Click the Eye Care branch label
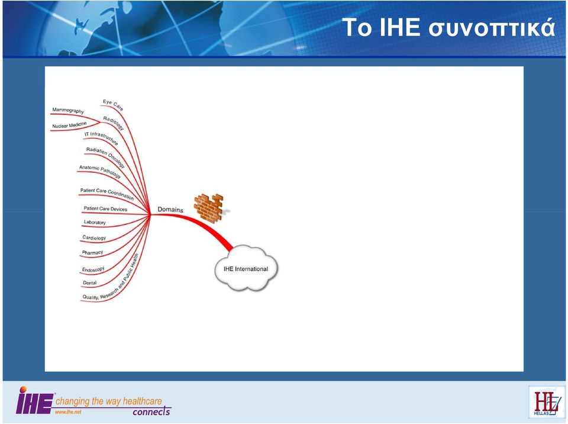[x=113, y=104]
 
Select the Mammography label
[x=68, y=110]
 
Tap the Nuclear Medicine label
[x=70, y=125]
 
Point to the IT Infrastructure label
[x=101, y=138]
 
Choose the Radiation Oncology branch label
[x=105, y=158]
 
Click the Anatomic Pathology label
[x=100, y=172]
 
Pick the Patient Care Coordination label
[x=107, y=194]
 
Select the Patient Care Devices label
[x=105, y=208]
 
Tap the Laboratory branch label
[x=95, y=222]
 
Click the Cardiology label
[x=94, y=237]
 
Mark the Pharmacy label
[x=92, y=252]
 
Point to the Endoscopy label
[x=93, y=269]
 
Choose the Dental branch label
[x=90, y=282]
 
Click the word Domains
[x=170, y=209]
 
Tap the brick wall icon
[x=210, y=208]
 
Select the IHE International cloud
[x=246, y=268]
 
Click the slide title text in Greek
[x=448, y=28]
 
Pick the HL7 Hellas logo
[x=546, y=402]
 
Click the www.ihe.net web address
[x=68, y=412]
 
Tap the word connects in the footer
[x=151, y=412]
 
